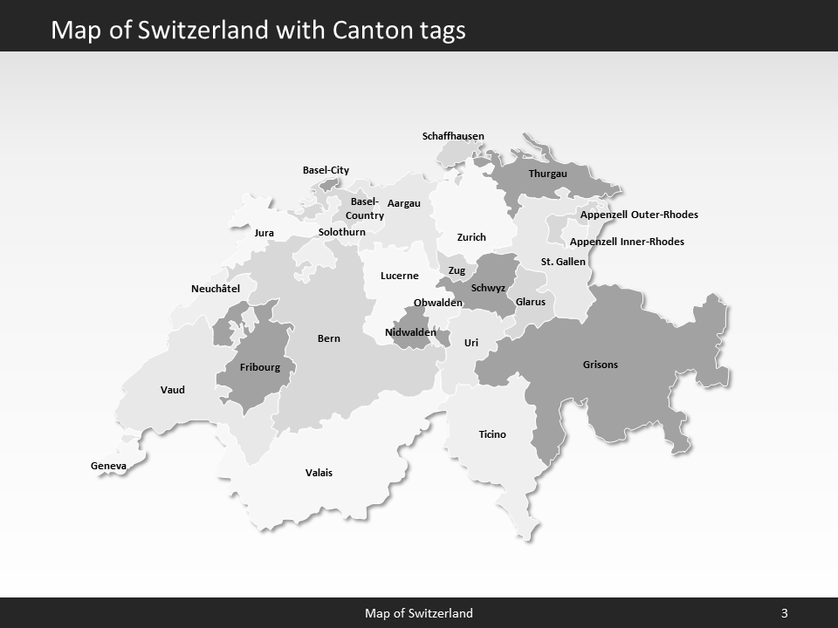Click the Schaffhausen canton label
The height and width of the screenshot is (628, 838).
pyautogui.click(x=453, y=136)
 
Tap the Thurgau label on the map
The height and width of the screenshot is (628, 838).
pyautogui.click(x=547, y=174)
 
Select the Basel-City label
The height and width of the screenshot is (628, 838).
pyautogui.click(x=326, y=170)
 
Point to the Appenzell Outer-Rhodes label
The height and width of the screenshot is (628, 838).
pyautogui.click(x=639, y=215)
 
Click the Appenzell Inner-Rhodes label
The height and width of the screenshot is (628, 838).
pyautogui.click(x=627, y=242)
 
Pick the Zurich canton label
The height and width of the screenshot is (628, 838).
pyautogui.click(x=471, y=237)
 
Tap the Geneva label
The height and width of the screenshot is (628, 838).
pyautogui.click(x=108, y=466)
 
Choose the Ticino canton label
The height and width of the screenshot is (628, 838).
pyautogui.click(x=492, y=434)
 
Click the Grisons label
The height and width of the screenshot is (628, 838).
pyautogui.click(x=600, y=365)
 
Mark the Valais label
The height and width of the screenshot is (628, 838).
pyautogui.click(x=319, y=473)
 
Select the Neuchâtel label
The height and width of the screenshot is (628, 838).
pyautogui.click(x=216, y=289)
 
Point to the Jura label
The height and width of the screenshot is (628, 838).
pyautogui.click(x=264, y=233)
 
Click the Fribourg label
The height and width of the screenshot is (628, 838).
pyautogui.click(x=260, y=367)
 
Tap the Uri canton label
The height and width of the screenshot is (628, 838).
pyautogui.click(x=471, y=343)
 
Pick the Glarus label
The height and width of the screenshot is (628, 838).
pyautogui.click(x=531, y=302)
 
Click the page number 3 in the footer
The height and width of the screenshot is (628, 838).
pyautogui.click(x=784, y=613)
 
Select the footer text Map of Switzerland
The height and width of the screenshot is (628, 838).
pyautogui.click(x=419, y=613)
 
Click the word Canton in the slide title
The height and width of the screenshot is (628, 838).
pyautogui.click(x=368, y=31)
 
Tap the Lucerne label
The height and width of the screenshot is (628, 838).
pyautogui.click(x=400, y=276)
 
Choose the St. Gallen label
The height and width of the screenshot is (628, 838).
pyautogui.click(x=563, y=262)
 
